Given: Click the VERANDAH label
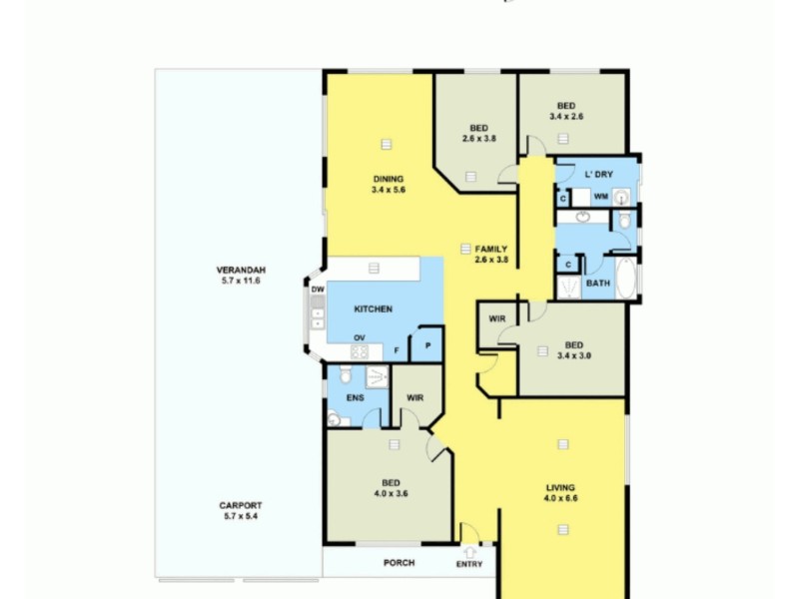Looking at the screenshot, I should click(239, 271).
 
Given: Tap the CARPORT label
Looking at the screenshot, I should click(240, 505).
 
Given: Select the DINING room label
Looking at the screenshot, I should click(388, 180).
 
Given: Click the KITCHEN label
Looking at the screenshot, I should click(373, 309).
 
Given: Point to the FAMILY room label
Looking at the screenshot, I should click(491, 249).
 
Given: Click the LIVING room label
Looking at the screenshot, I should click(561, 487).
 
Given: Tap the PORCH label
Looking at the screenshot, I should click(399, 563).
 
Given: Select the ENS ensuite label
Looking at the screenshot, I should click(355, 398).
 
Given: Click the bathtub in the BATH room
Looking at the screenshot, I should click(626, 279).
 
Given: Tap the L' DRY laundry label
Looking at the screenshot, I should click(597, 175).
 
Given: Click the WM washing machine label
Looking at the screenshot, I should click(600, 197).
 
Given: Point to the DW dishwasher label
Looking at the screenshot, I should click(318, 290).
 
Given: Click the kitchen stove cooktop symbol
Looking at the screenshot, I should click(359, 351).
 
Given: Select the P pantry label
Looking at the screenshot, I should click(426, 345).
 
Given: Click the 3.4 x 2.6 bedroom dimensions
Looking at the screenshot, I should click(565, 117).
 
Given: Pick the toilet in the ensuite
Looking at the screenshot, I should click(345, 374).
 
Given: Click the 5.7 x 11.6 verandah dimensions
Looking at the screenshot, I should click(239, 282).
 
